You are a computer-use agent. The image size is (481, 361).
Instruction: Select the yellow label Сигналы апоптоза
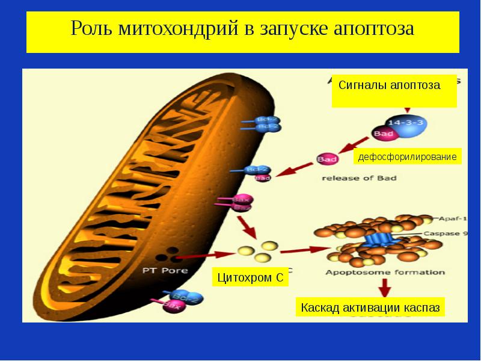click(x=389, y=85)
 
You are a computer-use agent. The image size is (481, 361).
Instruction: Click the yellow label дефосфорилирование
click(x=407, y=157)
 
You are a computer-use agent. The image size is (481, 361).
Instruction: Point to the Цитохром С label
click(x=249, y=278)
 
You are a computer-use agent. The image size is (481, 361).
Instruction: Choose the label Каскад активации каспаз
click(x=370, y=307)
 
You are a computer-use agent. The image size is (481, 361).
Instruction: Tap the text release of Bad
click(x=359, y=178)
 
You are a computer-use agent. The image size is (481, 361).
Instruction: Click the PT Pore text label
click(x=165, y=270)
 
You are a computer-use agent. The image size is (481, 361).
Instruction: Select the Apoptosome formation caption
click(x=385, y=272)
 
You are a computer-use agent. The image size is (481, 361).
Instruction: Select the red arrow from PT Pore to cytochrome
click(x=204, y=255)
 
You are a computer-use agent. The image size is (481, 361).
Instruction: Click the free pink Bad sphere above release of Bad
click(x=327, y=159)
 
